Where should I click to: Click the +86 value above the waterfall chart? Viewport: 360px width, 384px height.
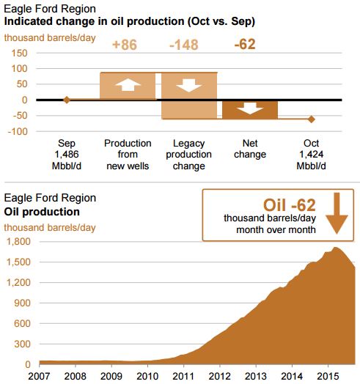(125, 45)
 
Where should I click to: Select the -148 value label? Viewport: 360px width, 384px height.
(184, 45)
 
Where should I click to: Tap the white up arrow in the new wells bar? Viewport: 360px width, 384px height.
(128, 85)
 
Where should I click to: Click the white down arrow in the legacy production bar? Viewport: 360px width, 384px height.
(189, 85)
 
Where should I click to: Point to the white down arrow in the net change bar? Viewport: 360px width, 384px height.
(250, 108)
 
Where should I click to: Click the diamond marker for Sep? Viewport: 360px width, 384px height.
(67, 100)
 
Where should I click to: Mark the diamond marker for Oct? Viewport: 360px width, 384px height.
(311, 119)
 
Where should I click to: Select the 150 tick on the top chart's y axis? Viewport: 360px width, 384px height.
(19, 53)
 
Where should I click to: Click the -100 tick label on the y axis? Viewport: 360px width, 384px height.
(18, 131)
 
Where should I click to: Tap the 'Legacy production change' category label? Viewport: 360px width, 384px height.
(188, 155)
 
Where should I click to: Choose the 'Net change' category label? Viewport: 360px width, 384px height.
(250, 149)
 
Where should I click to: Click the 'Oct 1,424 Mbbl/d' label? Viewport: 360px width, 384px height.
(311, 155)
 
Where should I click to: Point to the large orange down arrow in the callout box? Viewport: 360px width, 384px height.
(337, 213)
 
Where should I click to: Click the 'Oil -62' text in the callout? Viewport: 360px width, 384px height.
(290, 205)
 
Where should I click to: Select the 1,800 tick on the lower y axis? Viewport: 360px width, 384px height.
(18, 242)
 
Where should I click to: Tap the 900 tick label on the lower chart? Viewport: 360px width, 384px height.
(22, 303)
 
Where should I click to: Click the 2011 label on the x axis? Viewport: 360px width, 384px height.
(183, 377)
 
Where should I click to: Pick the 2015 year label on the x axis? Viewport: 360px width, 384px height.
(328, 377)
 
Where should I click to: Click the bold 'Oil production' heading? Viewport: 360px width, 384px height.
(42, 212)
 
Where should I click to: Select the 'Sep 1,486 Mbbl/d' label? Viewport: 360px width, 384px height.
(67, 155)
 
